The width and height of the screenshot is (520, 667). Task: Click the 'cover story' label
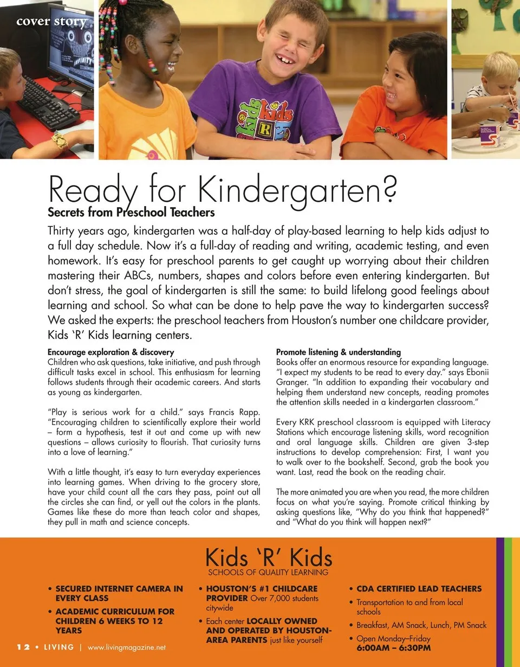click(51, 22)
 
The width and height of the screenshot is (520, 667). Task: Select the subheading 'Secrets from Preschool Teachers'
click(131, 212)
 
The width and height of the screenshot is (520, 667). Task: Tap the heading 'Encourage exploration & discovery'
click(110, 352)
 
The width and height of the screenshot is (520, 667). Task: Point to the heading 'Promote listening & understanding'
click(339, 352)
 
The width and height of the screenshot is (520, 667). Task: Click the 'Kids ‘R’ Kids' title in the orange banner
click(268, 557)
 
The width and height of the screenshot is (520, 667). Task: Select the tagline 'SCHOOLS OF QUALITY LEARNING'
click(268, 572)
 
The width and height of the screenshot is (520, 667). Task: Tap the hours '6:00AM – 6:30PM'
click(393, 648)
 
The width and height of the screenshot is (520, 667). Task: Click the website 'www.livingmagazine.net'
click(126, 647)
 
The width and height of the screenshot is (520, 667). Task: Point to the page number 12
click(22, 647)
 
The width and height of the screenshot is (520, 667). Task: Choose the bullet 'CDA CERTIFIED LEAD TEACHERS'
click(419, 588)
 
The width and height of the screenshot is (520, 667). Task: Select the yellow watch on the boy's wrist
click(60, 140)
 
